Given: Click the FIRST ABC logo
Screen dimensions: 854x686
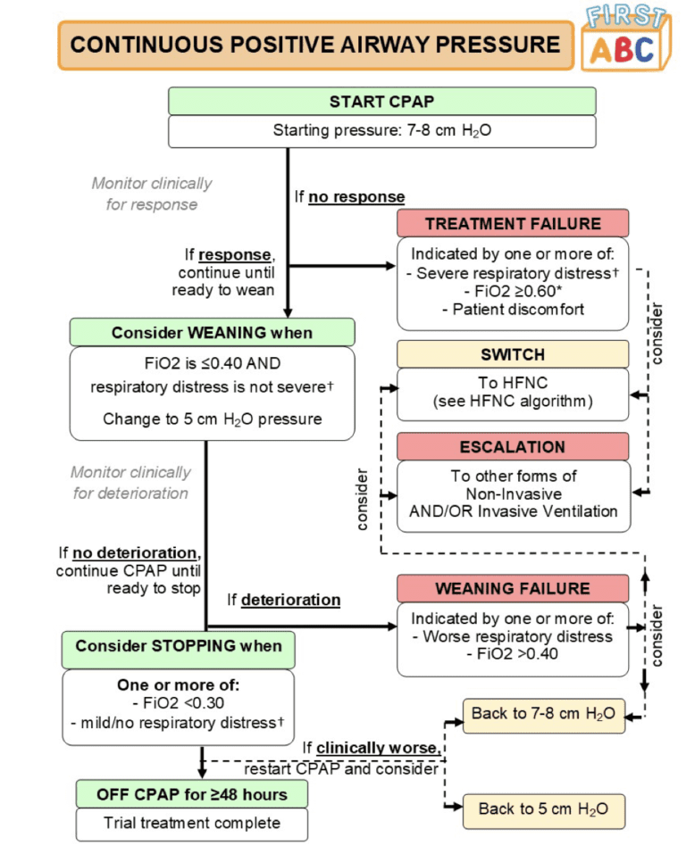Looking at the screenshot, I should pos(625,40).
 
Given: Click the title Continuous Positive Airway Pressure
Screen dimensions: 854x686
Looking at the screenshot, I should pos(314,46).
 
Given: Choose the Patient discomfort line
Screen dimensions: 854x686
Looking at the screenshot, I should pos(513,309).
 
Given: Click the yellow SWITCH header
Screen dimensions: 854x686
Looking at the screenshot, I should pos(513,354).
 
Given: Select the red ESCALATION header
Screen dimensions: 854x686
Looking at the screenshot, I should pos(513,446).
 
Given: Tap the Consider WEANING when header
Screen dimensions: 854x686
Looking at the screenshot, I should pos(212,333).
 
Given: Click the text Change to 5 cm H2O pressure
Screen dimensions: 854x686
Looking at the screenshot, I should pos(212,418).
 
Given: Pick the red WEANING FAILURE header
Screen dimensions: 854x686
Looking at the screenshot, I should pos(513,589).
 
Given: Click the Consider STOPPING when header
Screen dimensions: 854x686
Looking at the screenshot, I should pos(178,646).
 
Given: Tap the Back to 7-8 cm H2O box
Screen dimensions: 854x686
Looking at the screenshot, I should pos(543,716).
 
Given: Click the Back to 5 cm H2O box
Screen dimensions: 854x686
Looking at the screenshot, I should pos(543,808).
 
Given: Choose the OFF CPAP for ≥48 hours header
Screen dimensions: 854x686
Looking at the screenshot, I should pos(191,793).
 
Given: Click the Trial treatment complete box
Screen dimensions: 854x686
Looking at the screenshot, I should pos(191,823).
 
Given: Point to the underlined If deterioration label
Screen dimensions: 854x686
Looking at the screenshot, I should pos(283,600).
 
